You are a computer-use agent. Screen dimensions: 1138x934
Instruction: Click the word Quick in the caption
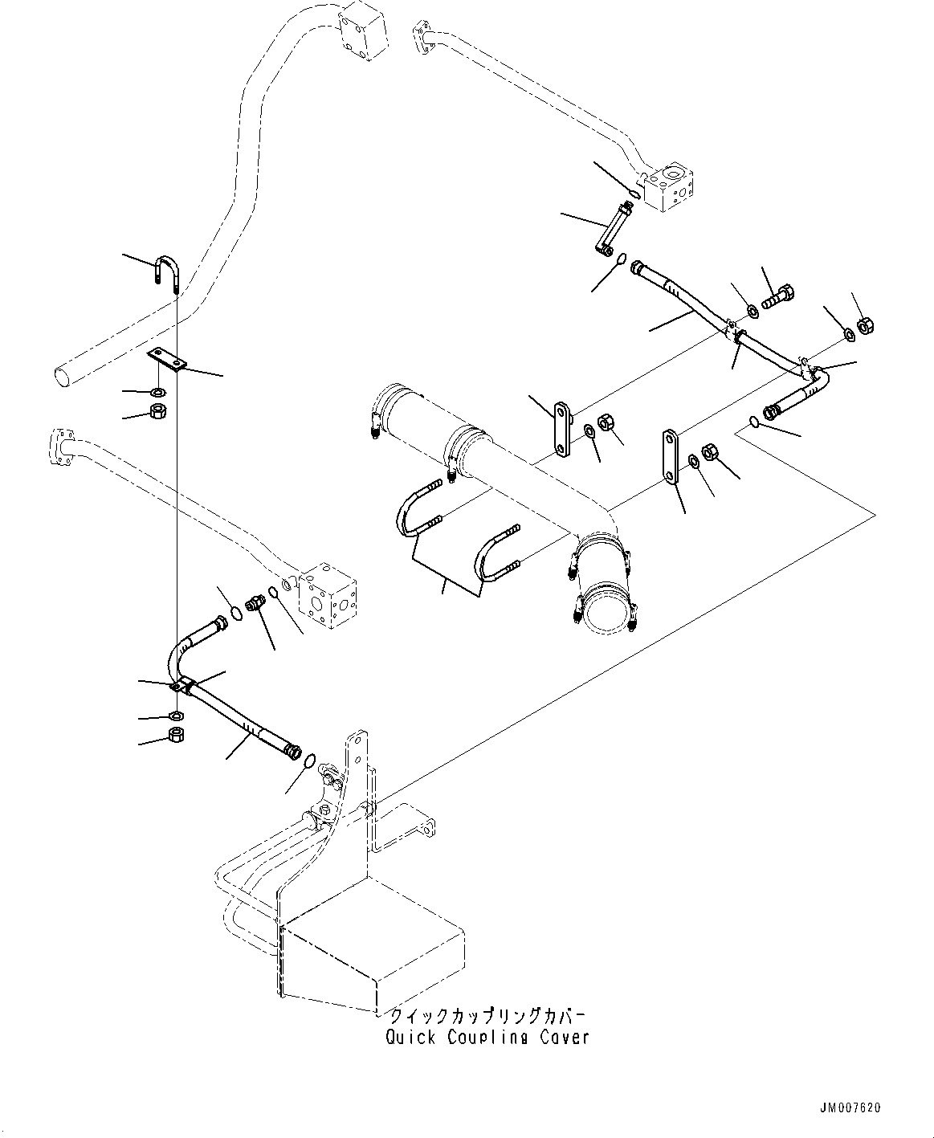click(410, 1037)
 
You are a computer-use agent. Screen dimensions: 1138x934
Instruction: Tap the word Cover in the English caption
click(565, 1037)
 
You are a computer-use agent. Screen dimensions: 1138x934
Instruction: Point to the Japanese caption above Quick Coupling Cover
click(487, 1015)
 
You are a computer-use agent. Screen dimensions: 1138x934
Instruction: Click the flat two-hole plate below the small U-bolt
click(167, 360)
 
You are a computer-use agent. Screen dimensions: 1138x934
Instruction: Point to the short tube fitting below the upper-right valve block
click(614, 228)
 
